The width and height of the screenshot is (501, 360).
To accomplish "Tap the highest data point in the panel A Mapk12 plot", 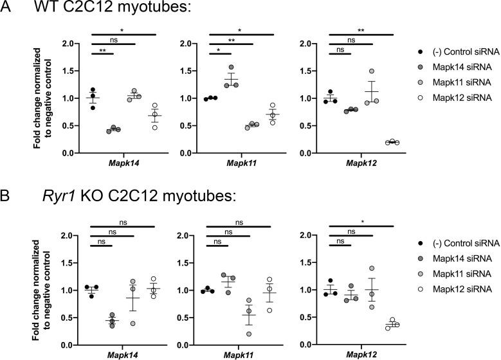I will (x=371, y=71).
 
